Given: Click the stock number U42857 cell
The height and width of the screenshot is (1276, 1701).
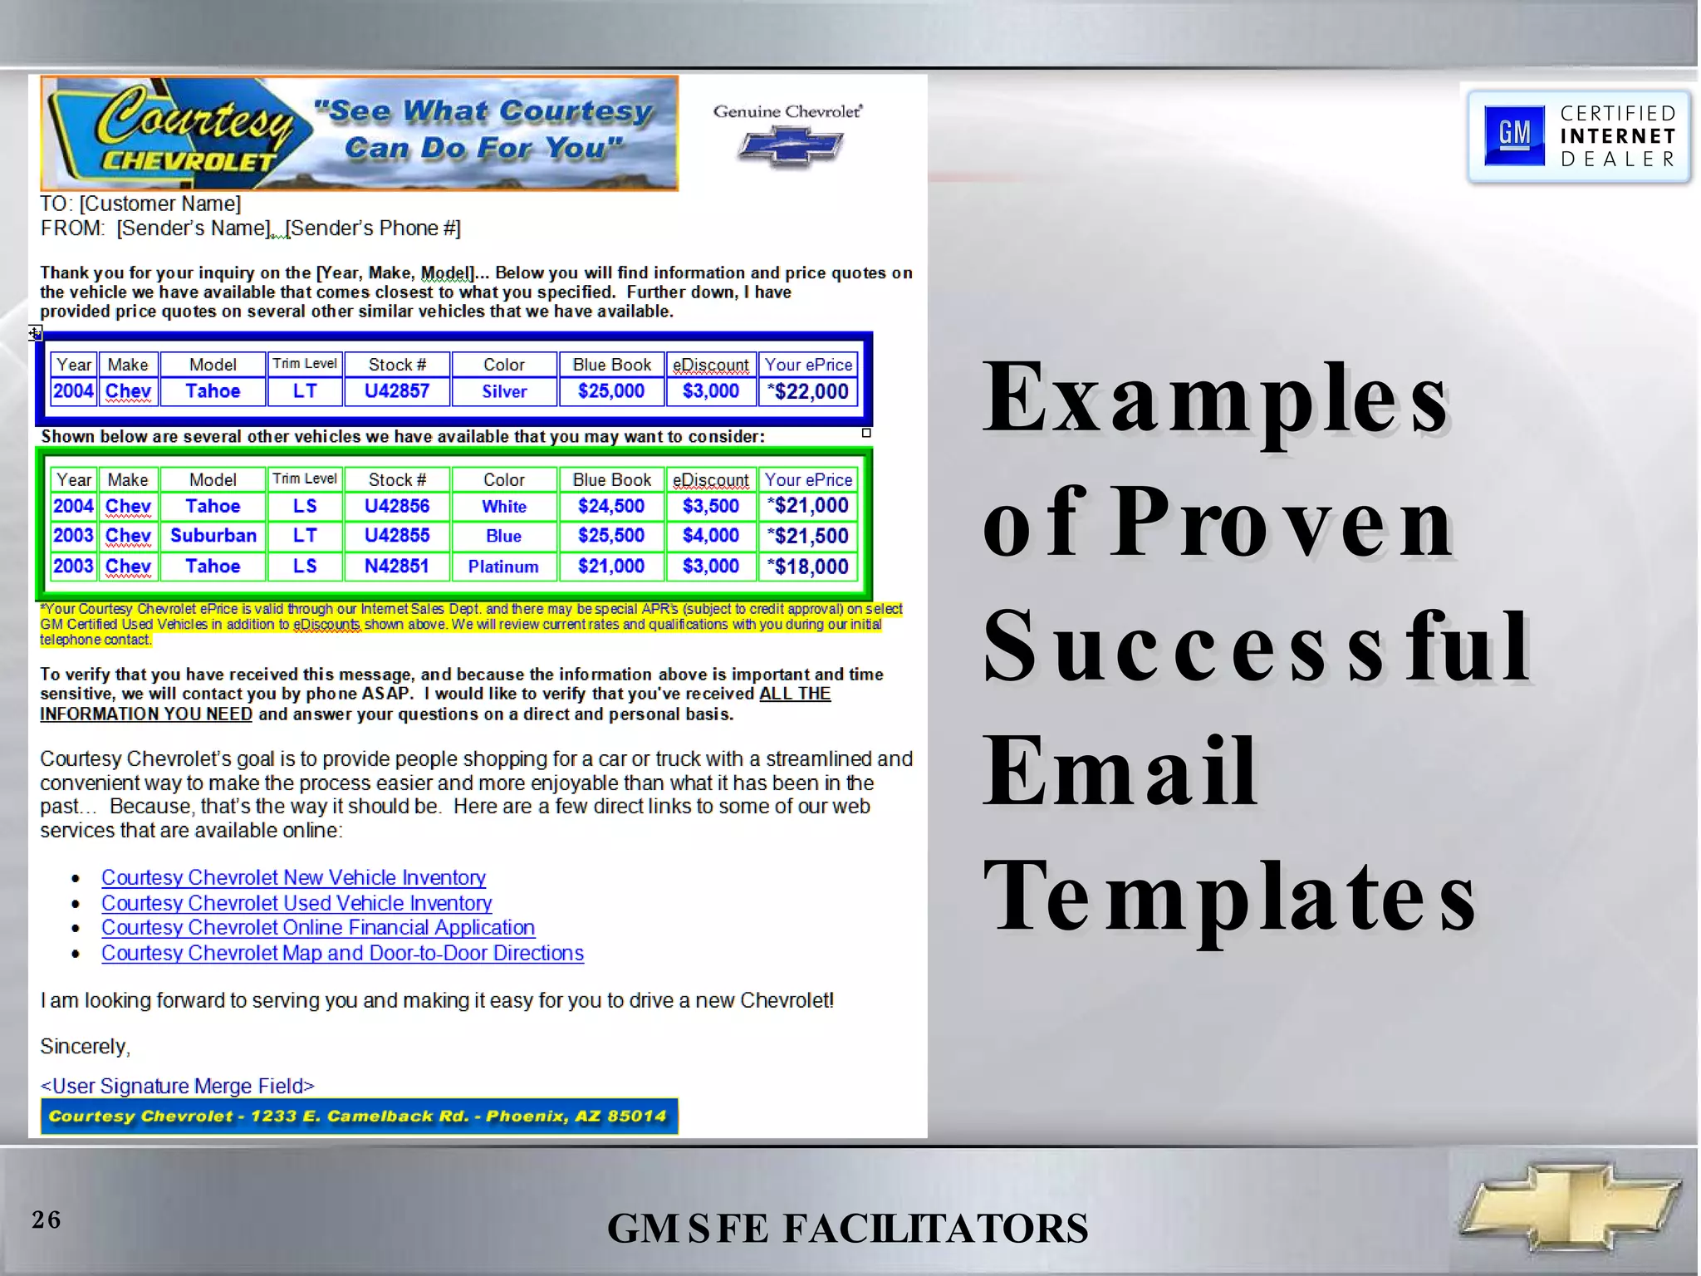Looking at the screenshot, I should click(x=397, y=391).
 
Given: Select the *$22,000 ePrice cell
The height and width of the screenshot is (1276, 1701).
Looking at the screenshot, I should click(x=808, y=391).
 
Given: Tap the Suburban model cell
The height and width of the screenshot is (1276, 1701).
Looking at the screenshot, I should click(x=213, y=536).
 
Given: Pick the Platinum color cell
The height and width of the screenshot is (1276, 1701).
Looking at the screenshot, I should click(x=503, y=567).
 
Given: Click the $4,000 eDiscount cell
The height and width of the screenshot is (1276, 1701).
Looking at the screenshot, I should click(x=711, y=536).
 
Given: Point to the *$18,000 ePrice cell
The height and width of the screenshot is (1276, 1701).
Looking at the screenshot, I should click(x=808, y=567).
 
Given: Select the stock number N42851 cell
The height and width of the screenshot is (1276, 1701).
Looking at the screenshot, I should click(x=397, y=567).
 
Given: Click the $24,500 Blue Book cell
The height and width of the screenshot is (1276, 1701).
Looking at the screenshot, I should click(x=611, y=506).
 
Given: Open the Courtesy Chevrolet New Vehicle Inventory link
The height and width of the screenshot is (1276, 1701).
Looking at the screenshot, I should click(x=293, y=878).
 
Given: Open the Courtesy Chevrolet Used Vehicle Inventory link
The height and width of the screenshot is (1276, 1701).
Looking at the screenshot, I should click(x=297, y=903).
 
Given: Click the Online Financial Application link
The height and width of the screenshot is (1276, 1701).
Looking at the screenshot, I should click(x=318, y=928).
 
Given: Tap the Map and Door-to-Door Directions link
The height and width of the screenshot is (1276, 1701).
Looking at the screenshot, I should click(x=342, y=953).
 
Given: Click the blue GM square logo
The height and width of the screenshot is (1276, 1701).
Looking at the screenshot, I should click(x=1514, y=135).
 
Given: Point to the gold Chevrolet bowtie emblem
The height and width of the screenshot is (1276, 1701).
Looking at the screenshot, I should click(x=1571, y=1205).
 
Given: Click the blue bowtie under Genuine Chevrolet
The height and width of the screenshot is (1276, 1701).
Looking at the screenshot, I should click(x=790, y=147).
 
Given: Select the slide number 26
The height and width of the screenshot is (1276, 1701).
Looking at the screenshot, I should click(x=47, y=1220).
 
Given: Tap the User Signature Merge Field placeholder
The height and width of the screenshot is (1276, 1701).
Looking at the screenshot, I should click(x=178, y=1086).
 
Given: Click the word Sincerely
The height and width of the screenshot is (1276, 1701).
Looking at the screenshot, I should click(x=85, y=1047).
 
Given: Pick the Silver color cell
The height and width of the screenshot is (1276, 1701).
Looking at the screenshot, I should click(x=504, y=391).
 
